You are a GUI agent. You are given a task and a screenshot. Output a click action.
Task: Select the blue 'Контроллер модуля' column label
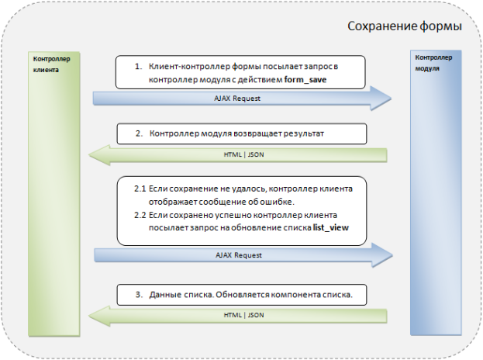coord(430,63)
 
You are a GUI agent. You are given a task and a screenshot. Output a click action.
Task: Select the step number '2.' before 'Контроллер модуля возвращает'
coord(138,133)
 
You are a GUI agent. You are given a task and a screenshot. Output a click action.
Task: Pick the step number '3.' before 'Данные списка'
coord(138,295)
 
